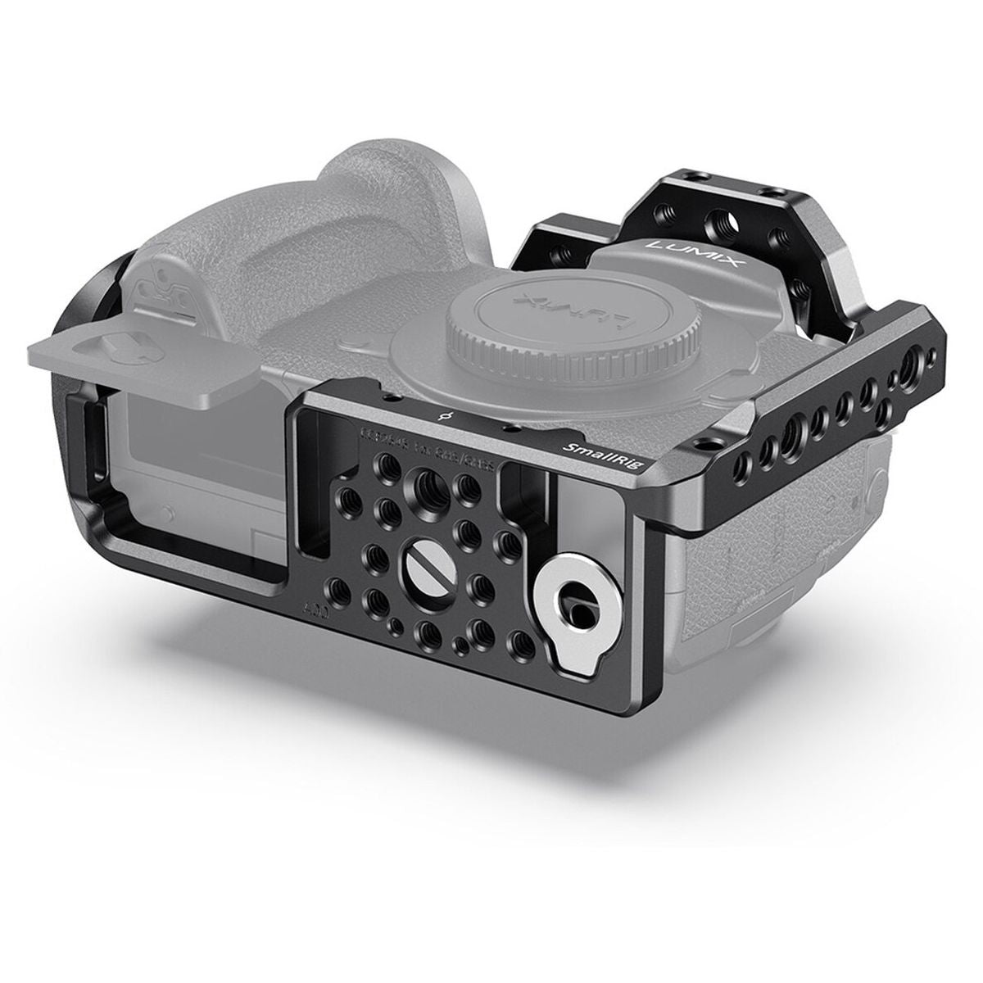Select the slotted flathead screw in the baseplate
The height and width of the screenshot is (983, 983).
coord(419,564)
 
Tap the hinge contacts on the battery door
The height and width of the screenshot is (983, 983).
coord(156,288)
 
